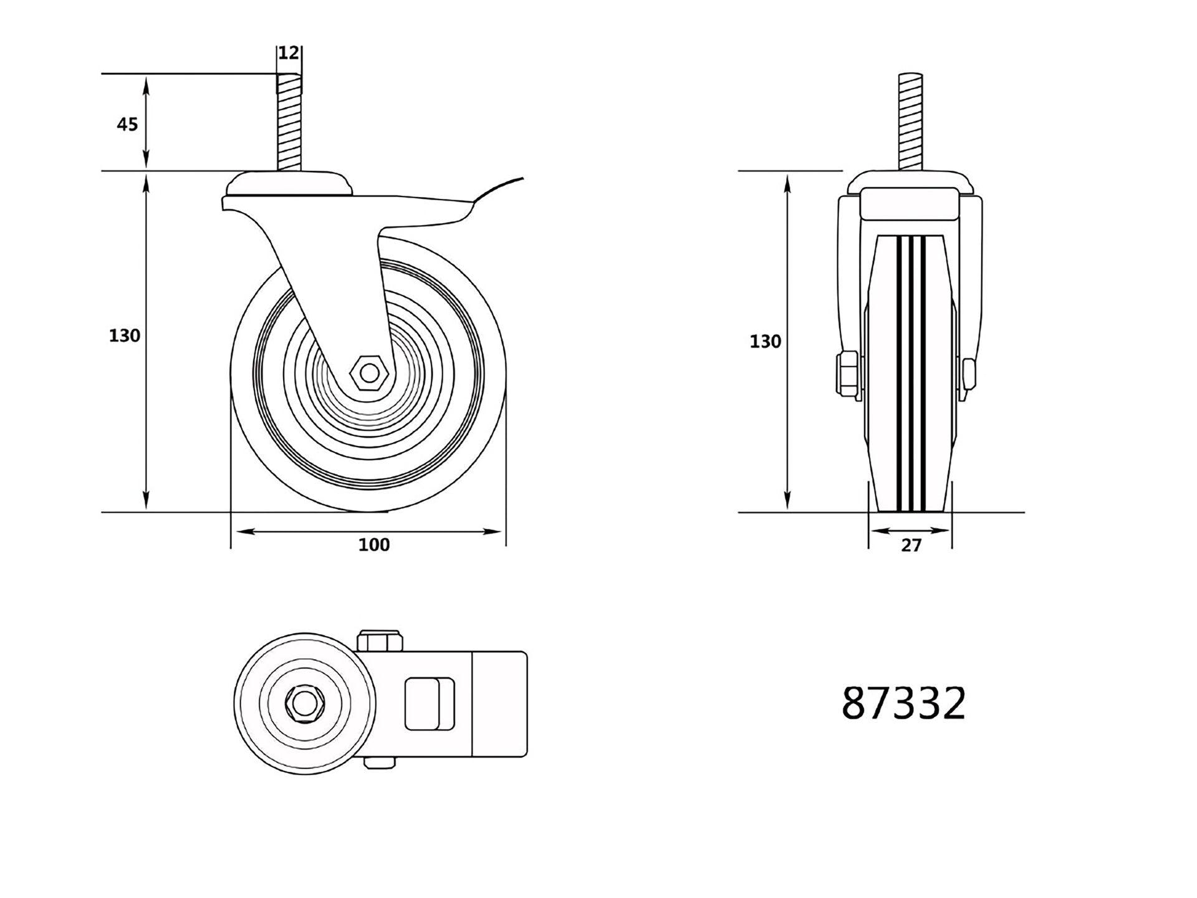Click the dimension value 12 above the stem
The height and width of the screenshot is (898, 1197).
point(288,53)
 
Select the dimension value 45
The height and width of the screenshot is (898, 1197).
point(127,124)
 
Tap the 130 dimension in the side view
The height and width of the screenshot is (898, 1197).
point(125,336)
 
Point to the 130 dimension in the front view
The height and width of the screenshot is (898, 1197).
point(765,341)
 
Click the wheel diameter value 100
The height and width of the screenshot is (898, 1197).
point(373,544)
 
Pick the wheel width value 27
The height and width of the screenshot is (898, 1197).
point(911,545)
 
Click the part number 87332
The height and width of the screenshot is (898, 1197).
point(903,703)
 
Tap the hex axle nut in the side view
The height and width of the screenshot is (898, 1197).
point(370,373)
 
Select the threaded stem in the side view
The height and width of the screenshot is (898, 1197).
point(289,122)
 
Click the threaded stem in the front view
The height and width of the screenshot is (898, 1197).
point(910,122)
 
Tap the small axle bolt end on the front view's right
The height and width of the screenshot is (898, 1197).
point(968,373)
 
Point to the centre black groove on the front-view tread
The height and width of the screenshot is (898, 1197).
point(910,374)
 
